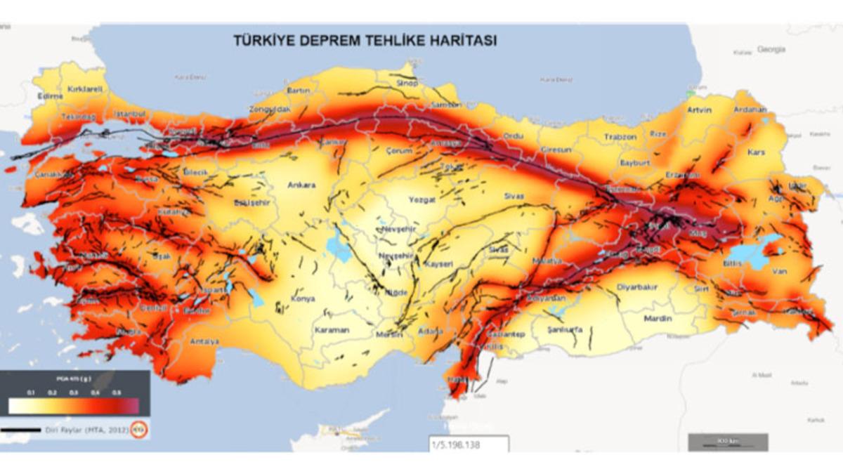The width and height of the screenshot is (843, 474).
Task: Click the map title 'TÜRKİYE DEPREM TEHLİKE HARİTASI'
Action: [x=365, y=41]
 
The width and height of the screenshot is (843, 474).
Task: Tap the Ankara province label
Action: [x=301, y=185]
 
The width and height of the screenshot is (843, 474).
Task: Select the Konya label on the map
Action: [x=303, y=298]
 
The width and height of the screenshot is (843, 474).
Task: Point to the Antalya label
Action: [x=204, y=341]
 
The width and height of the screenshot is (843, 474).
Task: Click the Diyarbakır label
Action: [x=636, y=287]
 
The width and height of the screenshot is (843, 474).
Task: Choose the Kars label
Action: [x=757, y=152]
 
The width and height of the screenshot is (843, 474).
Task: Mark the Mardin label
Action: [x=658, y=318]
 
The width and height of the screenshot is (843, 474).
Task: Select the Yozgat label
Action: [x=422, y=199]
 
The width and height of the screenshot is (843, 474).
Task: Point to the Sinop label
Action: [x=407, y=83]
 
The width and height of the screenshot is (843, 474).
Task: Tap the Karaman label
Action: [x=331, y=329]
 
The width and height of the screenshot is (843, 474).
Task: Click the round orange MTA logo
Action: [x=140, y=428]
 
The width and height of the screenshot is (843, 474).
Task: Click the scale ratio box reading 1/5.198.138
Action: [x=469, y=444]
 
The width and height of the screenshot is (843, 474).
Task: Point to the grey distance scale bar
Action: [x=728, y=442]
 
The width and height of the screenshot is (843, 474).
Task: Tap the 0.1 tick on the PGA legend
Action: [x=30, y=392]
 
